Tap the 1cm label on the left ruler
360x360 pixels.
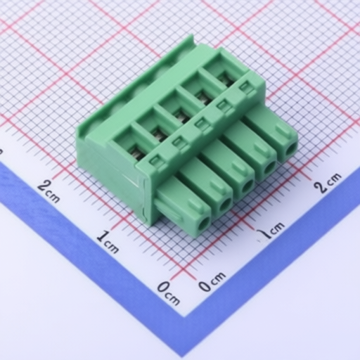pos(108,242)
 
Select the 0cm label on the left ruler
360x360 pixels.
pos(168,293)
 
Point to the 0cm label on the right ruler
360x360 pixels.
pos(212,281)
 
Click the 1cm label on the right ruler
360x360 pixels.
pos(271,231)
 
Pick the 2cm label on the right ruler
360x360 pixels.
pos(328,183)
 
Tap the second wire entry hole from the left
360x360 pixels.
pos(226,204)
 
